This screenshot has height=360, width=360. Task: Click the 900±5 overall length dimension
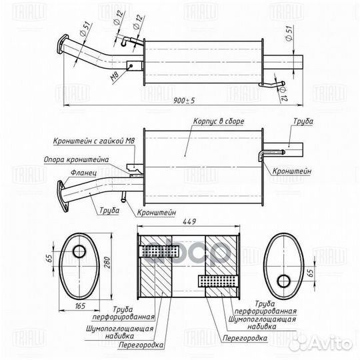[x=184, y=100]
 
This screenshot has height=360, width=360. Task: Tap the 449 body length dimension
[x=189, y=221]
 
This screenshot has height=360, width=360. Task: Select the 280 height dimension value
[x=107, y=263]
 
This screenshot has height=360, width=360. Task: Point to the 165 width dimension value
[x=80, y=305]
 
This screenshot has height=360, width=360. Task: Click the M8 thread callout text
[x=115, y=77]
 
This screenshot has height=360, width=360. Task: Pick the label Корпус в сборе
[x=219, y=121]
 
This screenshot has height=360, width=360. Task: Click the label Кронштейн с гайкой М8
[x=94, y=141]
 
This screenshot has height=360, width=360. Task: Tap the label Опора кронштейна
[x=76, y=159]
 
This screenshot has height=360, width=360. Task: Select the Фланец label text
[x=83, y=173]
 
